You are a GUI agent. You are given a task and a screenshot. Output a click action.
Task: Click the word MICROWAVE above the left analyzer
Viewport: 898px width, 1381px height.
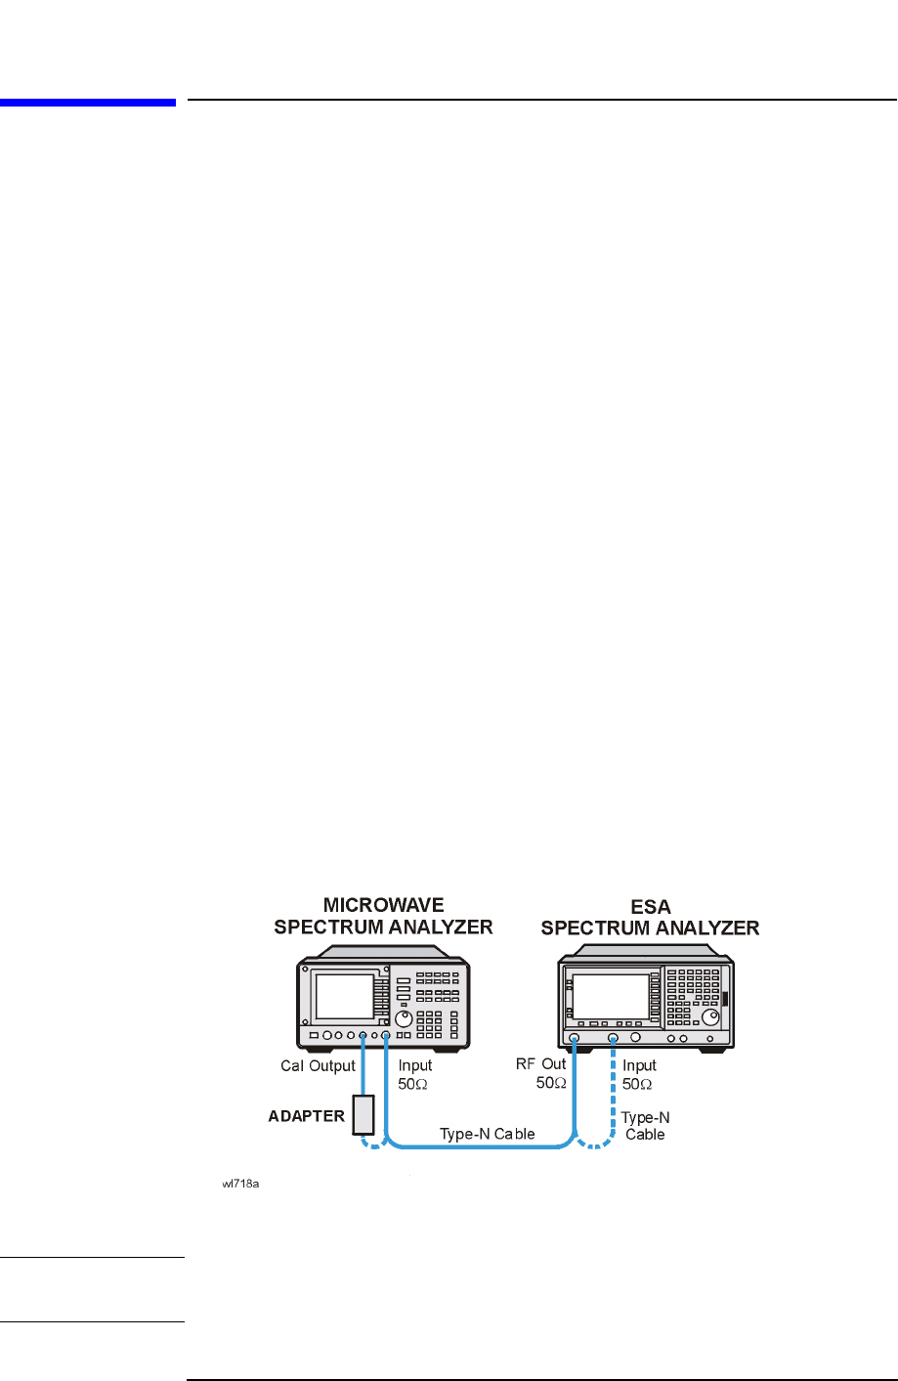point(383,906)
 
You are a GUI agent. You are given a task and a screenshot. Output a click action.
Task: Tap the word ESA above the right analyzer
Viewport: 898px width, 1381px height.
point(651,907)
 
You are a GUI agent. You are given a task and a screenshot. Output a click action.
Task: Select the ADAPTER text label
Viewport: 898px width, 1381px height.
point(306,1116)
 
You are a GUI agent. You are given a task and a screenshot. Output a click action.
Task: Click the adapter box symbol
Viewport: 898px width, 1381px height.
point(363,1113)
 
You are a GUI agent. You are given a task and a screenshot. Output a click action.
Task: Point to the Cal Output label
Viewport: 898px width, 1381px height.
point(318,1066)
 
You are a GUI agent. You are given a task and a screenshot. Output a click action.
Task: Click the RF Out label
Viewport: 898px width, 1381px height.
point(541,1064)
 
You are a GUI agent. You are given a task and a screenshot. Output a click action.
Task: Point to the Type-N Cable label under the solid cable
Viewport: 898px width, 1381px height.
point(487,1134)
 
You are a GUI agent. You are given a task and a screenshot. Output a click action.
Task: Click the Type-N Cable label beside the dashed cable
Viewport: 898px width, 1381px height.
point(645,1126)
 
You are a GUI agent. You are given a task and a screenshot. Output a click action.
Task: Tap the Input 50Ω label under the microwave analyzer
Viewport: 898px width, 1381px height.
point(414,1074)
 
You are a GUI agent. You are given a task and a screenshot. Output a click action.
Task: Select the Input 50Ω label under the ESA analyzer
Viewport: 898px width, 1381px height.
point(639,1074)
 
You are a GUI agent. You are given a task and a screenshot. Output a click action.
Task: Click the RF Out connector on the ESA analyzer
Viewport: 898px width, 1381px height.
point(575,1038)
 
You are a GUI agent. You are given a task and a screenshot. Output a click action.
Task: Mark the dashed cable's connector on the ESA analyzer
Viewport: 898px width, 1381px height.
point(613,1038)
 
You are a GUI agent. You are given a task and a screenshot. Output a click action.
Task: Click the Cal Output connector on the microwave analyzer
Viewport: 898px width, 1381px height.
point(363,1035)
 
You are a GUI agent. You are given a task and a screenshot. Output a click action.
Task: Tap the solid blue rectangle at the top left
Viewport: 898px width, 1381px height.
point(88,101)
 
